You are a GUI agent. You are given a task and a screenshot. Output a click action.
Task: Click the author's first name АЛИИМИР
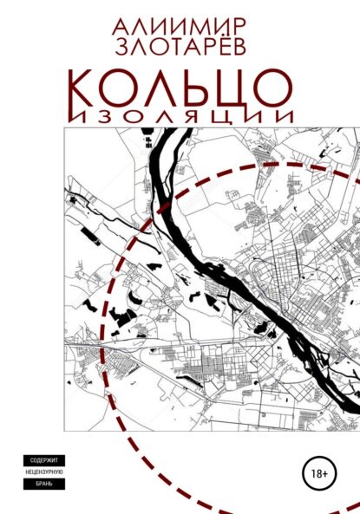(x=180, y=21)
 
